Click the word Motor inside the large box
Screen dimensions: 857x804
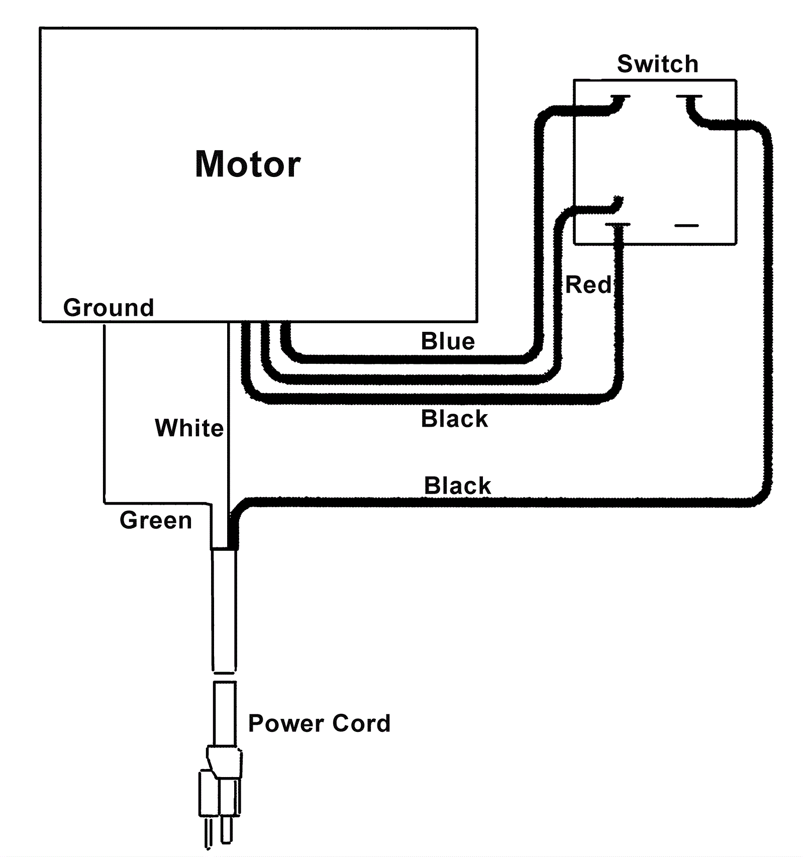[248, 164]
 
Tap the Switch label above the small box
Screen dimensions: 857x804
[657, 64]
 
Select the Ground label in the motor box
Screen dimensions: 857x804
[109, 307]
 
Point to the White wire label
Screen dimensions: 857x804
[189, 428]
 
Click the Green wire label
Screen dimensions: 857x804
[156, 520]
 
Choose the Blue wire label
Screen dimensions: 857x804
[448, 341]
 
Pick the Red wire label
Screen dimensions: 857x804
[588, 284]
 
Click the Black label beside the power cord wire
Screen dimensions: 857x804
[457, 486]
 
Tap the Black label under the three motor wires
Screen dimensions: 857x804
[454, 419]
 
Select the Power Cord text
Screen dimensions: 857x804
[319, 723]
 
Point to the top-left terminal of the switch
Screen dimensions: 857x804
[620, 97]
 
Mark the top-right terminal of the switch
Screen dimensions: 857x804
[689, 97]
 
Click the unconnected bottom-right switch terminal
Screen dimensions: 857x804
[686, 226]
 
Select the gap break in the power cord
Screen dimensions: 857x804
[224, 677]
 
